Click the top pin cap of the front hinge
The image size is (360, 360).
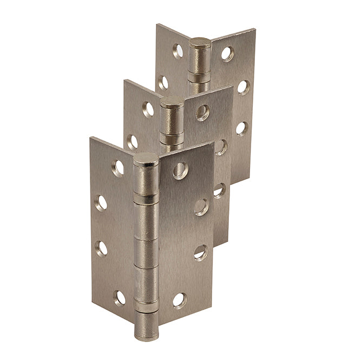pos(146,159)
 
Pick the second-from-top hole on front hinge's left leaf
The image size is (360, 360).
pos(101,202)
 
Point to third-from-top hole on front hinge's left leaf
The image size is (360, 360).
pos(101,248)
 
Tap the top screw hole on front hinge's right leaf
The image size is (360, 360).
pos(181,170)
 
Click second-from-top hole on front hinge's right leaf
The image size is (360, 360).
pos(201,206)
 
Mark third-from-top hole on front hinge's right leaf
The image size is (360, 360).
pos(200,252)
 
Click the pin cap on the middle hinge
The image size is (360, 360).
pos(173,102)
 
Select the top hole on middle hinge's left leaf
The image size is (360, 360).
pos(148,109)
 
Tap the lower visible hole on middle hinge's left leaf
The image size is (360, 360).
pos(132,142)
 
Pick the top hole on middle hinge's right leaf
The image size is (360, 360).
pos(202,113)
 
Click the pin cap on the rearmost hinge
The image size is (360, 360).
pos(200,43)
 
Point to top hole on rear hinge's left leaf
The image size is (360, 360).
pos(178,51)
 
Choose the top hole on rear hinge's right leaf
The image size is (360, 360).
pos(227,54)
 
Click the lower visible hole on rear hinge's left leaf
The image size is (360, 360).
pos(163,83)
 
